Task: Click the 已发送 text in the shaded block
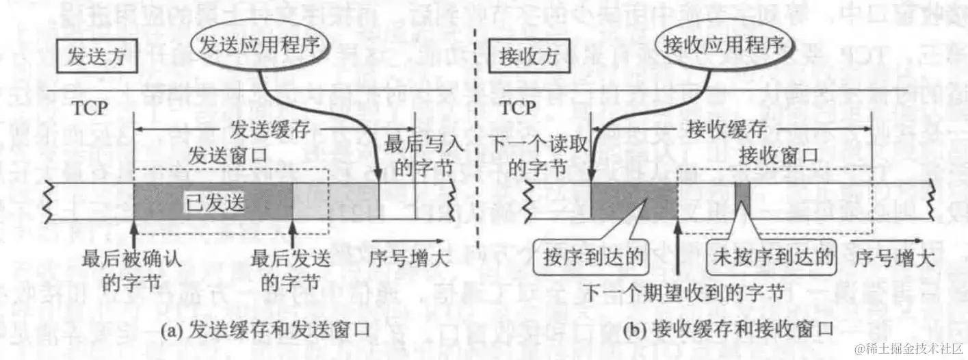click(x=214, y=203)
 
